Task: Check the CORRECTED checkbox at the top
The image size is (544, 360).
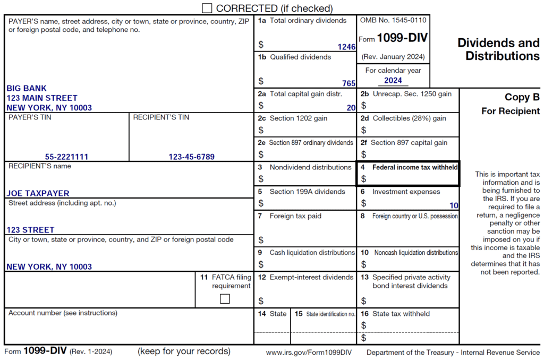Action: click(207, 8)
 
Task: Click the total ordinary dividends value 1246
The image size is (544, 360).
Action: click(346, 47)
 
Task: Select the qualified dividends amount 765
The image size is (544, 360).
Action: click(348, 83)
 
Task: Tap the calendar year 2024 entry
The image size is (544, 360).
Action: click(393, 81)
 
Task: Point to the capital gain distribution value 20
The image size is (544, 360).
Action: click(351, 107)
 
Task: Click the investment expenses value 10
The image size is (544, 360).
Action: click(453, 205)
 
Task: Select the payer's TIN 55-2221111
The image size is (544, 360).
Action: click(66, 157)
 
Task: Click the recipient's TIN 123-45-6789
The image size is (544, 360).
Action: click(192, 157)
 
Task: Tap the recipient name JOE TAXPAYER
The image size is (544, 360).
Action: click(38, 193)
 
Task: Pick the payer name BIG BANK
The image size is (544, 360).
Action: click(27, 88)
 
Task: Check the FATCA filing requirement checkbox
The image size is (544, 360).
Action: click(225, 299)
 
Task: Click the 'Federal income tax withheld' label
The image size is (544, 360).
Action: click(414, 167)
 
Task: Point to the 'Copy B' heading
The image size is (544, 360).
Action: click(522, 97)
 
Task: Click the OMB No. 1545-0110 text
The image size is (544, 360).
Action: click(393, 20)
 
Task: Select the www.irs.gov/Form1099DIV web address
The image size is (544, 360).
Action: click(309, 353)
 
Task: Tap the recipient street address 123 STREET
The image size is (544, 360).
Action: click(30, 230)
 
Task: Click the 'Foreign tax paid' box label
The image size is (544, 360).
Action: click(295, 216)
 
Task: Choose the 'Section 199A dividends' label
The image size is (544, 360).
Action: click(307, 192)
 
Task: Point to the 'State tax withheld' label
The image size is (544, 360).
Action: click(401, 314)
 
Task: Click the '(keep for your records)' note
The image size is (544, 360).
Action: click(184, 352)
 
